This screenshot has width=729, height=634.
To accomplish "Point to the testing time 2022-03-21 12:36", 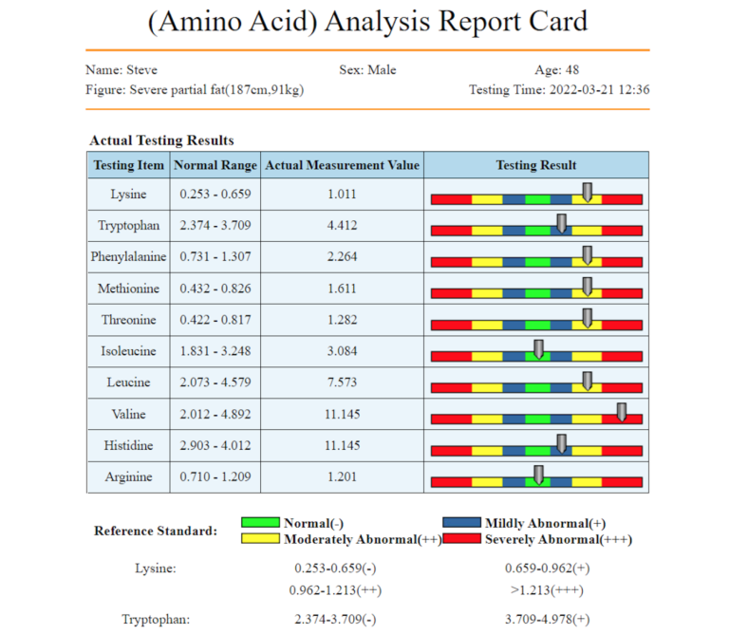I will coord(598,90).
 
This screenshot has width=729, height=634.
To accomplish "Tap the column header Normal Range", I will coord(215,165).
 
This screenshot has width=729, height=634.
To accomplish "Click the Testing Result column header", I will coord(536,165).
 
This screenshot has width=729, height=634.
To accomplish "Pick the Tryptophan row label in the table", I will coord(128,226).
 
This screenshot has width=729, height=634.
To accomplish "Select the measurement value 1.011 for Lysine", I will coord(342,195).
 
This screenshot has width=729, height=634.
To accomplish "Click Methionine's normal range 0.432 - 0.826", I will coord(215,289).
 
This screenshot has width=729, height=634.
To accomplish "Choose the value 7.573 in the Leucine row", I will coord(342,382).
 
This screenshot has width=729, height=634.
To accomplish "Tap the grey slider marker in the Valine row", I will coord(622,411).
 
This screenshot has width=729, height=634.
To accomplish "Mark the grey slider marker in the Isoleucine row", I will coord(538,348).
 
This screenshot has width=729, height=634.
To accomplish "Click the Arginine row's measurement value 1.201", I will coord(342,476).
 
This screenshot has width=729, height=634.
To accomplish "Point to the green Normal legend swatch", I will coord(260,523).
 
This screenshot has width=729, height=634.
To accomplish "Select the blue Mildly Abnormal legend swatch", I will coord(462,523).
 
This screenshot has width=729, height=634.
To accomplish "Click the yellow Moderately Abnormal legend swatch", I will coord(260,539).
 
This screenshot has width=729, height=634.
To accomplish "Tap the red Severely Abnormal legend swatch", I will coord(462,539).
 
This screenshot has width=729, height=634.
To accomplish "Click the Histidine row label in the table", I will coord(128,445).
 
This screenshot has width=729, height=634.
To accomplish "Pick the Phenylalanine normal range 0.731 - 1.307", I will coord(215,257).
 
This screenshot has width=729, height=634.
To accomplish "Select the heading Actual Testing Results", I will coord(161,140).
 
